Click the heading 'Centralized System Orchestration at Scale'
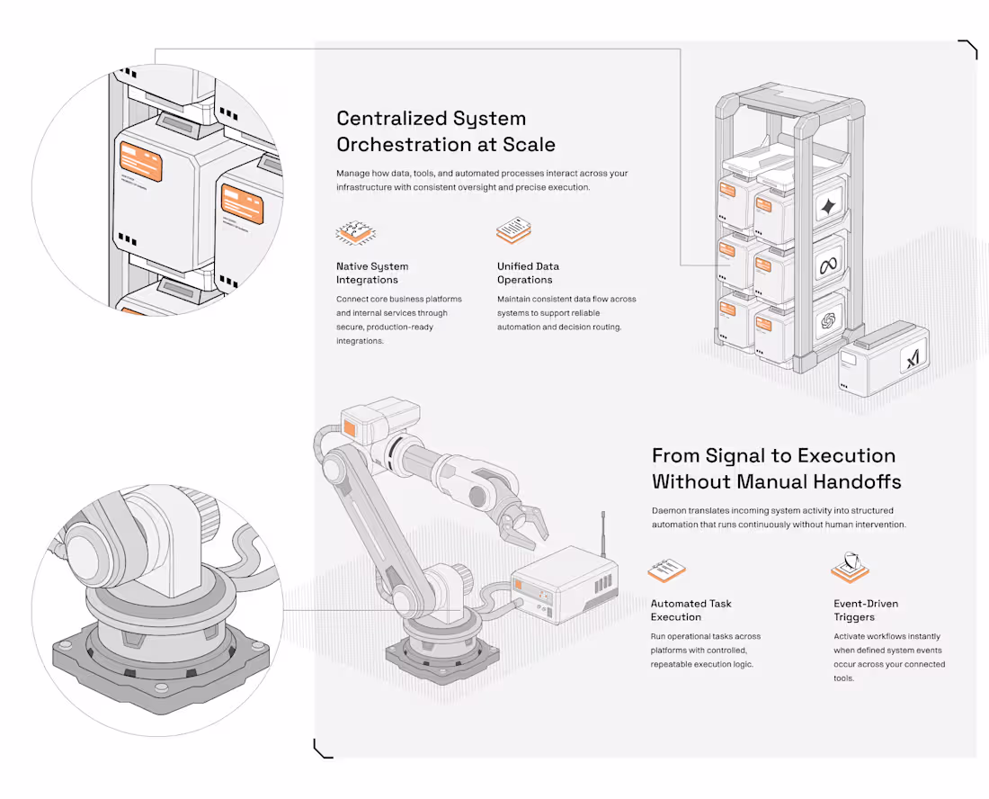pyautogui.click(x=445, y=131)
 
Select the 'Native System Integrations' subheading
pyautogui.click(x=372, y=273)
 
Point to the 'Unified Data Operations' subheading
pyautogui.click(x=528, y=273)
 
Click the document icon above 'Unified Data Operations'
pyautogui.click(x=515, y=230)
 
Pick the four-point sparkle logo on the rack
pyautogui.click(x=827, y=208)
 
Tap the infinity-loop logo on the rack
pyautogui.click(x=827, y=266)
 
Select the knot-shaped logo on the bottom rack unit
pyautogui.click(x=827, y=321)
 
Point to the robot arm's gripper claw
pyautogui.click(x=525, y=524)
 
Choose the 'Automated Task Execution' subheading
pyautogui.click(x=691, y=610)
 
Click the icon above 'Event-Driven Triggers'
pyautogui.click(x=850, y=569)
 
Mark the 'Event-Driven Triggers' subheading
pyautogui.click(x=866, y=610)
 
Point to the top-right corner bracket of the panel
pyautogui.click(x=968, y=49)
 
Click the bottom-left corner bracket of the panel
pyautogui.click(x=322, y=748)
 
